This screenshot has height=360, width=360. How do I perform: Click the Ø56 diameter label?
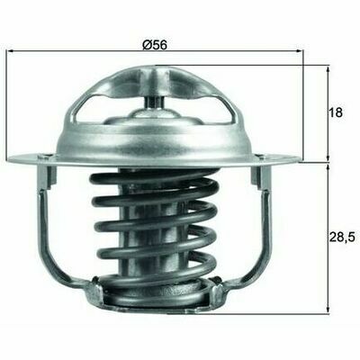click(155, 45)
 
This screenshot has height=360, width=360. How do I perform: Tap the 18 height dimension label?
click(335, 112)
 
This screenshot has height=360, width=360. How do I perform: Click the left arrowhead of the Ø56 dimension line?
click(11, 51)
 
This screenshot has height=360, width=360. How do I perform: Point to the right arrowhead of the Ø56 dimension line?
click(300, 51)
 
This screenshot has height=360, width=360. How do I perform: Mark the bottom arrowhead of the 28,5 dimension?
click(328, 310)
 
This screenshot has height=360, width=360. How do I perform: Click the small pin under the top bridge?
click(154, 102)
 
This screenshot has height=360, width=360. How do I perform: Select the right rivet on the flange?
click(261, 156)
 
